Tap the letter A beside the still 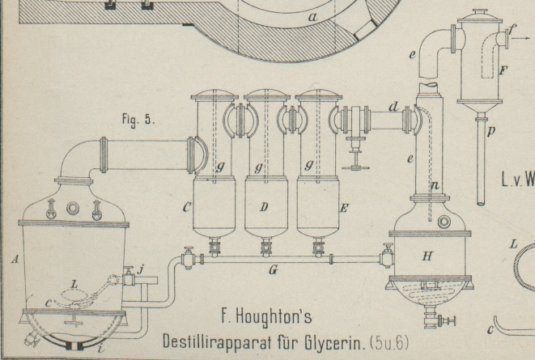click(15, 260)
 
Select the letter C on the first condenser click(187, 208)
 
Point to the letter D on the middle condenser click(263, 208)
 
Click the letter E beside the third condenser click(343, 208)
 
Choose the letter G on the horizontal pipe click(273, 270)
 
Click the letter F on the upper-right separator click(503, 71)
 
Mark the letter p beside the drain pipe click(491, 129)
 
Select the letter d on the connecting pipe click(393, 106)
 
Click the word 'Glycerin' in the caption click(327, 339)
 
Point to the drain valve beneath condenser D click(264, 244)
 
